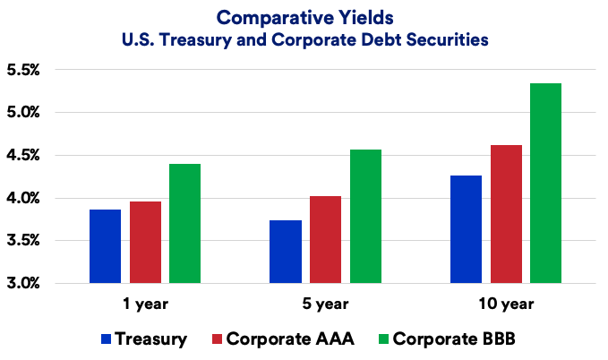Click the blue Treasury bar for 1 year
pyautogui.click(x=105, y=246)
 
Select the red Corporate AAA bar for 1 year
pyautogui.click(x=145, y=243)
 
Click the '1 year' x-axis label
pyautogui.click(x=145, y=304)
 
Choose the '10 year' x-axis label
pyautogui.click(x=505, y=304)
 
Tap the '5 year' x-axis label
pyautogui.click(x=326, y=304)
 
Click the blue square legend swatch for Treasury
pyautogui.click(x=107, y=339)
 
